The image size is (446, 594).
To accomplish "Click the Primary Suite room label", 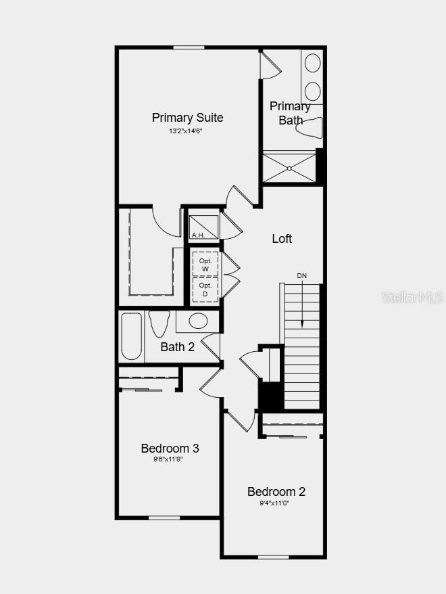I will (x=187, y=118).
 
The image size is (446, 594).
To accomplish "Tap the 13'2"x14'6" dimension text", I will (x=186, y=131).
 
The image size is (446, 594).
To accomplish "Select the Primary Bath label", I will (x=291, y=113).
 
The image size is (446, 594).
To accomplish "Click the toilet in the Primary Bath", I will (x=310, y=127).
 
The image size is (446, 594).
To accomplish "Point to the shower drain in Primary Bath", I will (x=289, y=168).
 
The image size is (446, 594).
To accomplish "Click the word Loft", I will (x=282, y=239).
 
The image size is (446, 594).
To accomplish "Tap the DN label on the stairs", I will (x=301, y=276).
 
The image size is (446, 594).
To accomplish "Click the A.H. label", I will (x=198, y=235).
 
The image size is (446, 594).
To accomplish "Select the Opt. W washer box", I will (x=205, y=265).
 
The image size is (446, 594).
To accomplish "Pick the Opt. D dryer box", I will (x=205, y=290).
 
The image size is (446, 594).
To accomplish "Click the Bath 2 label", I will (x=178, y=347).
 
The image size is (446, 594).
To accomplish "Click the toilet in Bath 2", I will (x=159, y=323).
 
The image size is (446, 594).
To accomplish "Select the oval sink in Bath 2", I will (x=198, y=321).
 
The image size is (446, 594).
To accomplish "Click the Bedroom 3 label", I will (x=170, y=449).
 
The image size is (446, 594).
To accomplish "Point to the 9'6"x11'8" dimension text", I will (x=168, y=459).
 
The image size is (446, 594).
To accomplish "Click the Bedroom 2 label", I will (x=276, y=492).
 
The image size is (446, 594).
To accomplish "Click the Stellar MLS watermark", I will (x=412, y=297).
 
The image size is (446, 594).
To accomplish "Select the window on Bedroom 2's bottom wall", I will (x=274, y=557).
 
